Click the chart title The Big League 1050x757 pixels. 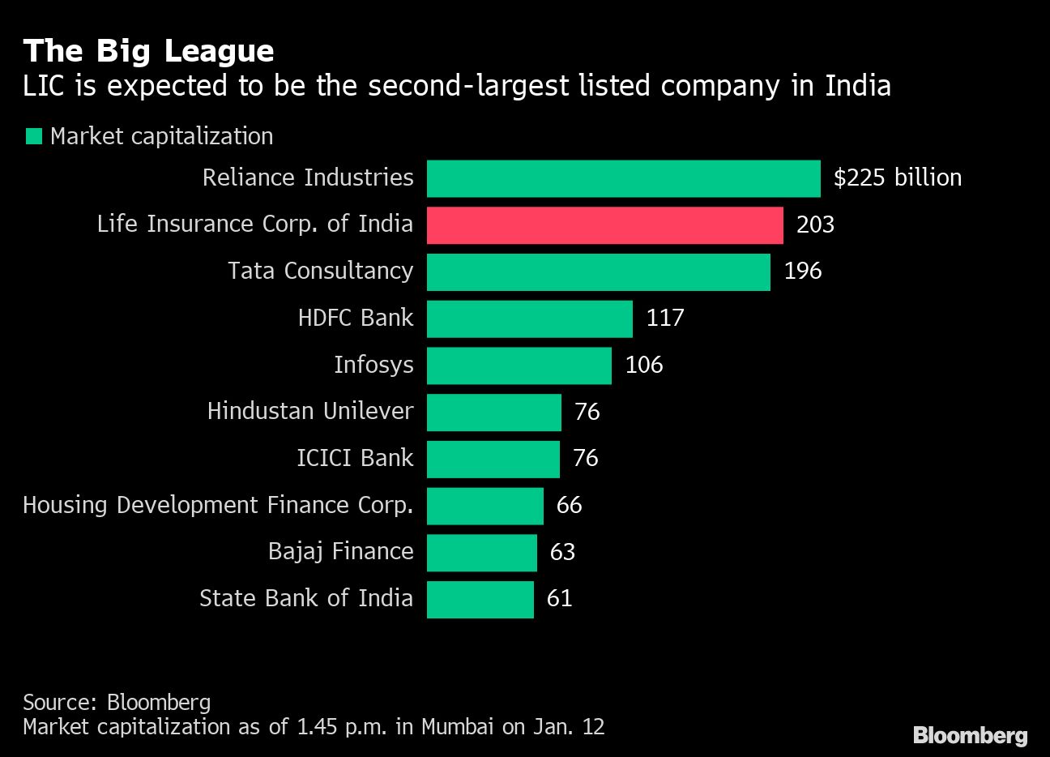(x=148, y=51)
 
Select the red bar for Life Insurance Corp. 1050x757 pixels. (x=604, y=225)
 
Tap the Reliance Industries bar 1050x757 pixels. (x=623, y=178)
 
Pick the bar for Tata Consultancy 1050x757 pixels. (x=598, y=272)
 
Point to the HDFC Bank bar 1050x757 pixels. (x=529, y=319)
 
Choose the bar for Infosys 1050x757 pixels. (x=519, y=366)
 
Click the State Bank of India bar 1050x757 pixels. (x=480, y=600)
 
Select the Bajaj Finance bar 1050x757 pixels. (x=481, y=553)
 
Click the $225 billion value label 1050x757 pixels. (x=897, y=178)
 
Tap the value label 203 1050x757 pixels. (x=815, y=225)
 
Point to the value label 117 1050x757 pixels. (x=665, y=319)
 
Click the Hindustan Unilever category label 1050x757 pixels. (x=310, y=412)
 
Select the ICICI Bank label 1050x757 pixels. (x=355, y=459)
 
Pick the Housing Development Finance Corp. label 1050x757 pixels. (x=218, y=506)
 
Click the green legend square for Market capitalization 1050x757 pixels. (x=33, y=137)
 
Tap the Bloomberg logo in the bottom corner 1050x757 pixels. (x=970, y=735)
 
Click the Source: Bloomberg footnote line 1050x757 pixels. (x=117, y=702)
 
